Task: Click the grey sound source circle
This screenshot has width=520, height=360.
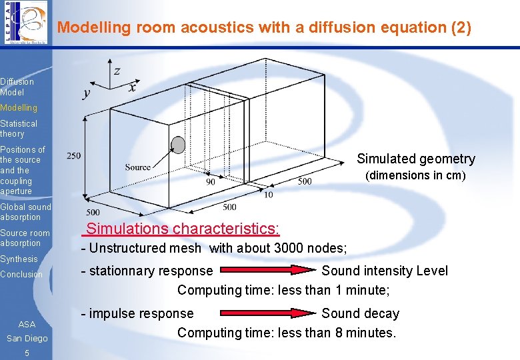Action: point(178,145)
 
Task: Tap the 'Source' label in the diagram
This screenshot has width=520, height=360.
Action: point(137,167)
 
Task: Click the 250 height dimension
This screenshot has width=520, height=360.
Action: point(73,156)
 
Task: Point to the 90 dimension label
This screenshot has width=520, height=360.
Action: point(210,181)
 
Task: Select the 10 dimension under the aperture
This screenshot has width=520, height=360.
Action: point(268,195)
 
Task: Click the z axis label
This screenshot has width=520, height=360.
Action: point(117,71)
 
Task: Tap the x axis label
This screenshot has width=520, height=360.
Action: point(133,87)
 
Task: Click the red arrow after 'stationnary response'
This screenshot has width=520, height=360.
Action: point(267,271)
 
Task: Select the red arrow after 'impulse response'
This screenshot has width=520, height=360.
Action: point(267,313)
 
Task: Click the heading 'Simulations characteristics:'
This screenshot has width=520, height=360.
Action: point(183,229)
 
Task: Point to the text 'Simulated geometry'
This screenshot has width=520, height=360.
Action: point(416,159)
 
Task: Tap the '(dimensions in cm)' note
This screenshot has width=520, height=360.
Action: point(415,175)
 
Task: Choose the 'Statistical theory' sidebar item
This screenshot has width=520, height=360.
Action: point(19,129)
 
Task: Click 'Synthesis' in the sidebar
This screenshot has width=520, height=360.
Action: point(19,259)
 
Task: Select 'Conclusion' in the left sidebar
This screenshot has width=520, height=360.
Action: point(21,274)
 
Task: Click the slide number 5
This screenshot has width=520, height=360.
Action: point(27,353)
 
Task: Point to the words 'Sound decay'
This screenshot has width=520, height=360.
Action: point(360,313)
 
